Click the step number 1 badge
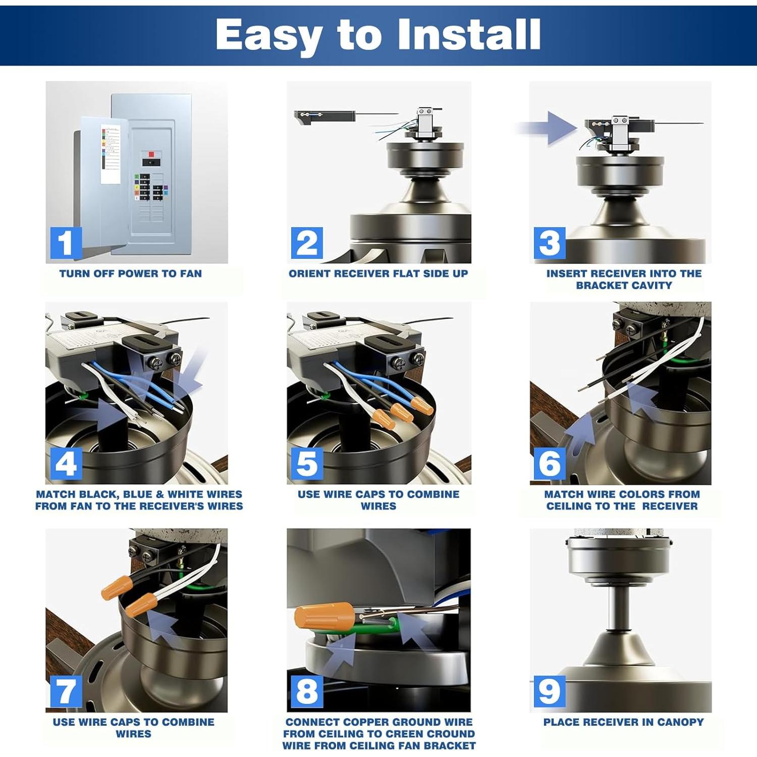pos(66,243)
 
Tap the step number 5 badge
pos(307,464)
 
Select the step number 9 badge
pos(549,691)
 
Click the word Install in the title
pos(469,35)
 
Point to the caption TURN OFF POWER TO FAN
pos(131,274)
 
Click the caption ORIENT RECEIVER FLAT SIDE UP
pos(378,274)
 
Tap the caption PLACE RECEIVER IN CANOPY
pos(623,722)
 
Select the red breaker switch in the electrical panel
pos(151,154)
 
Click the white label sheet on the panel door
pos(111,153)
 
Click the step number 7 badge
pos(66,691)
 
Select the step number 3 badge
pos(549,243)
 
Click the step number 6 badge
pos(549,464)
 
